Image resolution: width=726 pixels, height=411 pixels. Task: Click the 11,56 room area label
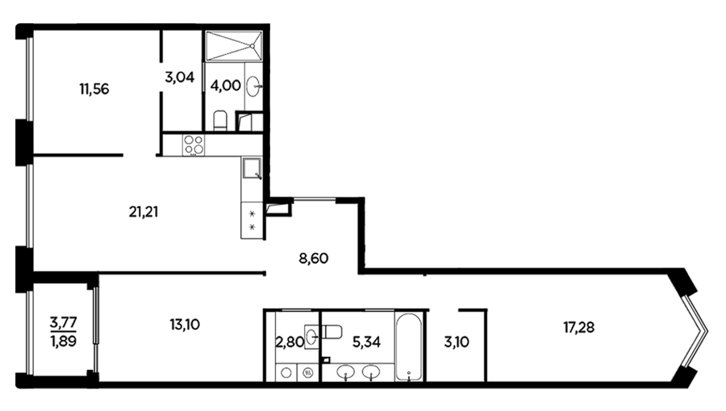pos(94,89)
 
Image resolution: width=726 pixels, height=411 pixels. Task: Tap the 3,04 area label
pos(179,77)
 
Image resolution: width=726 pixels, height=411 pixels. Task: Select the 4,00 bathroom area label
pos(226,85)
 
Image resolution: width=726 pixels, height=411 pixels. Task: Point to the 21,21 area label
pos(144,212)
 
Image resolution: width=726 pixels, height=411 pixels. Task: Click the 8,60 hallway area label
pos(314,258)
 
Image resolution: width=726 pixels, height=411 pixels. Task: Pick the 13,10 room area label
pos(185,325)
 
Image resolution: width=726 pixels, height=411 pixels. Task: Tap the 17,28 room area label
pos(578,327)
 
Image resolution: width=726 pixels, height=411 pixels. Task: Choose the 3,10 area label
pos(457,342)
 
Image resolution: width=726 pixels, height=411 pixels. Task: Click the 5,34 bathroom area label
pos(366,342)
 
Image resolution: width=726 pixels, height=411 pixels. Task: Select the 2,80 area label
pos(290,342)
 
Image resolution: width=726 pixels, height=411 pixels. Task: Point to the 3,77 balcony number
pos(64,322)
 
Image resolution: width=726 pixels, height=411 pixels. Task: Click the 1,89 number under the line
pos(64,341)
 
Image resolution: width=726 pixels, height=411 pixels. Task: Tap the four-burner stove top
pos(193,144)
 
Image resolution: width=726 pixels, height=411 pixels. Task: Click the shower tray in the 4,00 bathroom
pos(234,46)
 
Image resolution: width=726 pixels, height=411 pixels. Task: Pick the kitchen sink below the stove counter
pos(252,168)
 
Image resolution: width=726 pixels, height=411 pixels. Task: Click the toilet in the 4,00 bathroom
pos(220,120)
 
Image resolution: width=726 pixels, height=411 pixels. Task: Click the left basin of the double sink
pos(346,371)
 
